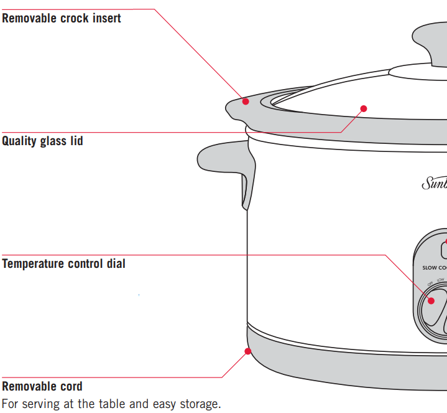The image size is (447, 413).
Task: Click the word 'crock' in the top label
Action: (x=75, y=18)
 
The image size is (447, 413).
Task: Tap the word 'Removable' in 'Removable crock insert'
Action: (x=29, y=18)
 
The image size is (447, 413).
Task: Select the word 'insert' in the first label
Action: (x=106, y=18)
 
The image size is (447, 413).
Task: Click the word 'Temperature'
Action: (x=33, y=263)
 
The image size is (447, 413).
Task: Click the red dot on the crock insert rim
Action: (x=246, y=101)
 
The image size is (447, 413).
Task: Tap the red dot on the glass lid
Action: (x=364, y=108)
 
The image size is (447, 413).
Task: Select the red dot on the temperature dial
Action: (x=431, y=300)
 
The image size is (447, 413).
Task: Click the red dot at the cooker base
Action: (x=247, y=351)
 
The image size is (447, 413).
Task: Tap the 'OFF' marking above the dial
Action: (x=430, y=283)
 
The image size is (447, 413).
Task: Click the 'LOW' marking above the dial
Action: (x=440, y=280)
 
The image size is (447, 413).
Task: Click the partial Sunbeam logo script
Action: (x=434, y=183)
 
